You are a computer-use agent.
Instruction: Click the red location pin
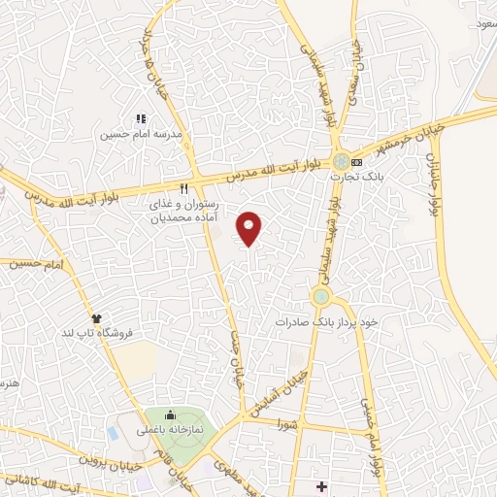pos(249,229)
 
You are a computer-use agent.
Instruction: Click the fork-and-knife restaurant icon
pos(182,188)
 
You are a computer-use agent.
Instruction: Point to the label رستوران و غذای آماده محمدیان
pos(183,213)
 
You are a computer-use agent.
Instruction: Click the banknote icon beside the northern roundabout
pos(357,161)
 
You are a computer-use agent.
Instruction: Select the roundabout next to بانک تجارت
pos(341,161)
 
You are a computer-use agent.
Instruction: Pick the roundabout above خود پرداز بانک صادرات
pos(320,295)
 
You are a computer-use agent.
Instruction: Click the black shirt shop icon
pos(96,317)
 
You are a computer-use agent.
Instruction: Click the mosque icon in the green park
pos(172,414)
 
